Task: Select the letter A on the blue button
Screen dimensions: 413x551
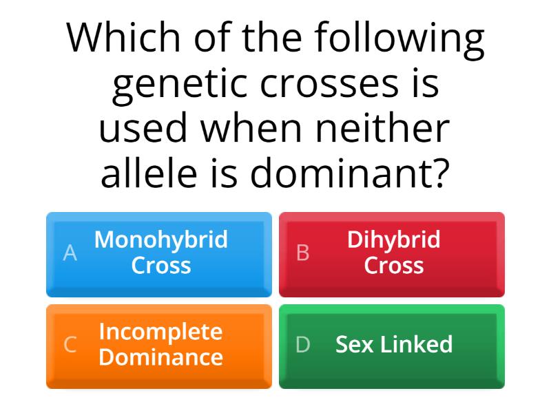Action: (x=70, y=253)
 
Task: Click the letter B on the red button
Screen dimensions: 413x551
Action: (x=302, y=253)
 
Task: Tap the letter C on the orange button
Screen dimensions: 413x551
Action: (x=70, y=345)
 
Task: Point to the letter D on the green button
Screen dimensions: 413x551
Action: (x=302, y=345)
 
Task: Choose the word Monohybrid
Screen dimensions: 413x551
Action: (x=161, y=240)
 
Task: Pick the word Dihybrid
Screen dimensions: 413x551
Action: (x=393, y=240)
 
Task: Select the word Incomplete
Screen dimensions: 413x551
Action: (x=161, y=331)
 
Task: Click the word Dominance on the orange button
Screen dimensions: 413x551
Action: (x=161, y=357)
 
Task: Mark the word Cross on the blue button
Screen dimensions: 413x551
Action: (x=161, y=266)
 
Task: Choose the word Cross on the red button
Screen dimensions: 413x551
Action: (x=393, y=266)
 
